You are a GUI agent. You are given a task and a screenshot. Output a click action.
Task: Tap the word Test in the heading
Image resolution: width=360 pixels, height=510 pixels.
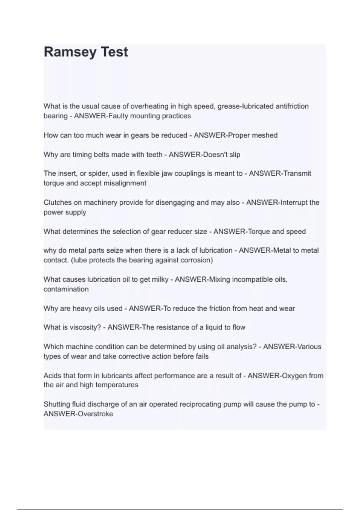coord(114,52)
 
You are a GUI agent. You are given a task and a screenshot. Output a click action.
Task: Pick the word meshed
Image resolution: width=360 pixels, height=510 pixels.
coord(264,135)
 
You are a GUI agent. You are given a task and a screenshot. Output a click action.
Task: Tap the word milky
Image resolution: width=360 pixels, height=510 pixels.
coord(160,280)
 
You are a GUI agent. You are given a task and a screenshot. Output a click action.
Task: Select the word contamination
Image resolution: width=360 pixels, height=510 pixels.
coord(66,289)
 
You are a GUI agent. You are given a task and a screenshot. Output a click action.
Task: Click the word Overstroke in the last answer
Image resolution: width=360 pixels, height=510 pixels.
coord(95,414)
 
